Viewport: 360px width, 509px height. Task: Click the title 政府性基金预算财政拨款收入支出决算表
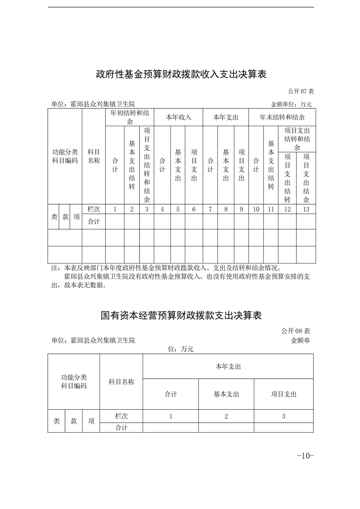[181, 74]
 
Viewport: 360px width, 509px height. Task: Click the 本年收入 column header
[178, 117]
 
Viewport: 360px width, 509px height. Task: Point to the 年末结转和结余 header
[282, 117]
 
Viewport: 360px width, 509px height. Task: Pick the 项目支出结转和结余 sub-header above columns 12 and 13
[296, 139]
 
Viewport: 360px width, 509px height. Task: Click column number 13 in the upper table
[306, 209]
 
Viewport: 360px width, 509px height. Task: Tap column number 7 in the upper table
[210, 209]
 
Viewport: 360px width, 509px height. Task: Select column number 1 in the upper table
[115, 209]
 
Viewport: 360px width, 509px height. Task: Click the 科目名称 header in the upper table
[94, 156]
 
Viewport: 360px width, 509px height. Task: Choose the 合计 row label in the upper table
[94, 222]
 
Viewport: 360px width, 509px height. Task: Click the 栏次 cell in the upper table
[94, 209]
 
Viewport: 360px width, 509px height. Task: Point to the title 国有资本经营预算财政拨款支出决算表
[181, 315]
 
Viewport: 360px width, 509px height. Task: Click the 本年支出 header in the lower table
[228, 366]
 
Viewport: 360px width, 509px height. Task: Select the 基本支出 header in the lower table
[226, 394]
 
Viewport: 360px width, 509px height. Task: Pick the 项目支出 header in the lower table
[283, 394]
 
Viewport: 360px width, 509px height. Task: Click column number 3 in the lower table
[283, 416]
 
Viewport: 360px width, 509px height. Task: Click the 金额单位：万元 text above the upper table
[291, 104]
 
